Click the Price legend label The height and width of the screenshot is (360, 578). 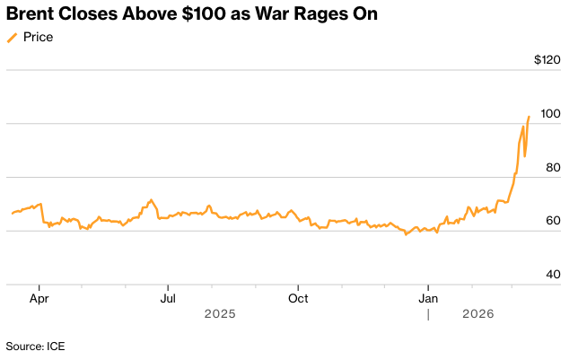(x=39, y=37)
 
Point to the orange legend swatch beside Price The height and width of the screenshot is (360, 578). (x=12, y=37)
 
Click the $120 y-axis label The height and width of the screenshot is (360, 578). (x=547, y=60)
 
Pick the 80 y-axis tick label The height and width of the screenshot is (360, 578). (x=553, y=167)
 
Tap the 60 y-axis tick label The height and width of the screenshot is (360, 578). (x=553, y=221)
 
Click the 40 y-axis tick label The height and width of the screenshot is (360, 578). (x=553, y=274)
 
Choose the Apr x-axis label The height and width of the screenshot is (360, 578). (x=39, y=296)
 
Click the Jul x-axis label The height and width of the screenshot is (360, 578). (x=168, y=296)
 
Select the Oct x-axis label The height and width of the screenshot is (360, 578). (x=299, y=296)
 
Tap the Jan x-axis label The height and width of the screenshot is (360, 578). (x=429, y=296)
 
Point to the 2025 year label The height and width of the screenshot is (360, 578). (x=219, y=314)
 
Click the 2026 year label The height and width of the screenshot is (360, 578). (x=477, y=314)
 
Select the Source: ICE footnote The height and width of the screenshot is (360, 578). (x=35, y=346)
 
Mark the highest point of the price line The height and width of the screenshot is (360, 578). (x=530, y=117)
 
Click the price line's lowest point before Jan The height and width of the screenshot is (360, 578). (x=406, y=234)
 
